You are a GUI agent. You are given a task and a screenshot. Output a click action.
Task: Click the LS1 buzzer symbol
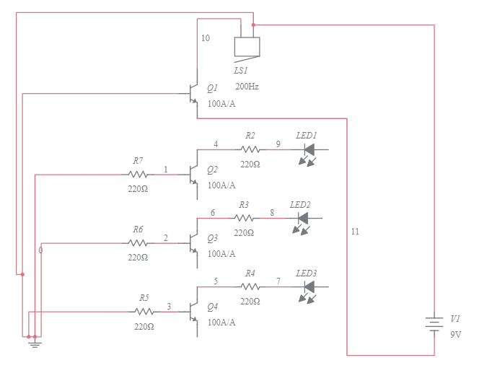point(247,46)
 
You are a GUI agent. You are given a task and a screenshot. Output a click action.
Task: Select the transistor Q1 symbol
point(193,94)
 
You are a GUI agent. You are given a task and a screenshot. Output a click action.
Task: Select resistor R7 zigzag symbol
point(138,174)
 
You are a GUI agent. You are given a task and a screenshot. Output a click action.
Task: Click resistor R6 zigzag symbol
point(138,242)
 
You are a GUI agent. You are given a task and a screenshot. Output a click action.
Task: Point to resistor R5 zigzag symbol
point(144,312)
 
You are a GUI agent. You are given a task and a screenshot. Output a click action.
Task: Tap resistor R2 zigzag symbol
point(250,149)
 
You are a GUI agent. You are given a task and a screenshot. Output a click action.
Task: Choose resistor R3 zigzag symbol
point(243,218)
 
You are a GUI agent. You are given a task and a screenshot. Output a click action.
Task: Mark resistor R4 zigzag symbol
point(250,287)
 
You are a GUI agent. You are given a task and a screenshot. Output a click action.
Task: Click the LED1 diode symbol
point(310,150)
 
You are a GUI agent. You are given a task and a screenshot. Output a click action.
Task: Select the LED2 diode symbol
point(303,219)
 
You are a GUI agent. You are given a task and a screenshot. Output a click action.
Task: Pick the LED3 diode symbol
point(310,288)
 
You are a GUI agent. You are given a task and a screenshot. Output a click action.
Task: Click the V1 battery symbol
point(434,325)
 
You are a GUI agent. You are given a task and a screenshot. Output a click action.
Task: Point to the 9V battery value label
point(456,335)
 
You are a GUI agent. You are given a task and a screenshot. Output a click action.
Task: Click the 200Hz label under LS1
point(247,87)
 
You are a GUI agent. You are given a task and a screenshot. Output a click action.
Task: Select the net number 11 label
point(354,232)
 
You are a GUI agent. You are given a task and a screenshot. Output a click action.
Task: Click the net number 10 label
point(206,38)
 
